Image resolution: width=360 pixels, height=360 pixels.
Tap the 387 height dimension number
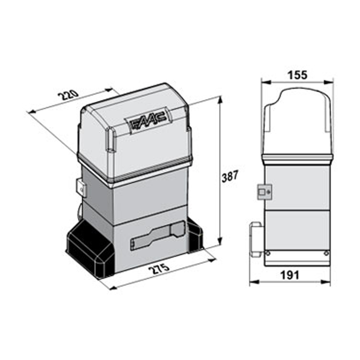pos(230,176)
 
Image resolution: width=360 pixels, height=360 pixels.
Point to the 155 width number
pos(297,75)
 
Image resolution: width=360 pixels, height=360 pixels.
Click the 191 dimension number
pos(290,275)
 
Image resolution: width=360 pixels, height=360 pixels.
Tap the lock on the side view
pos(264,192)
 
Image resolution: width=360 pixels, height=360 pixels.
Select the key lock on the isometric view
pos(81,188)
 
